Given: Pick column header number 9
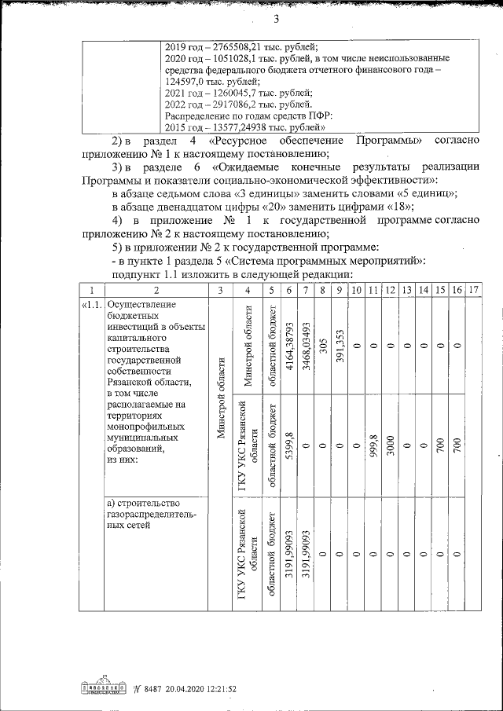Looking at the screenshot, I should click(x=338, y=291).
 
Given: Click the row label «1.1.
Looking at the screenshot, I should click(x=90, y=305).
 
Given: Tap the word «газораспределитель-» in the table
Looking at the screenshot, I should click(x=152, y=515).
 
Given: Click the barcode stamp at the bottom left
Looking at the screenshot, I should click(x=104, y=688).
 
